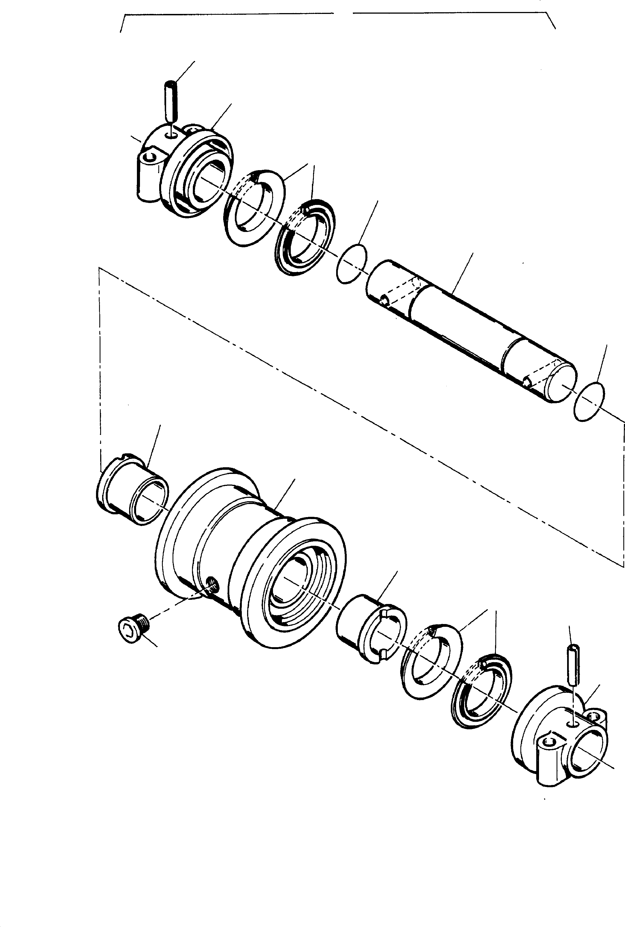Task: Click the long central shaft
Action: (x=470, y=331)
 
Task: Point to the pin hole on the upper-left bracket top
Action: (x=171, y=136)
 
